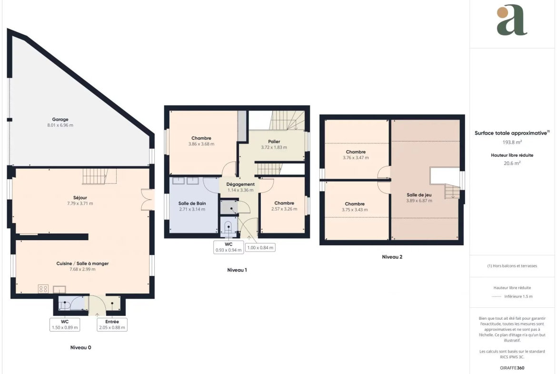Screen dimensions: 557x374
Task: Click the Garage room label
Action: pos(60,120)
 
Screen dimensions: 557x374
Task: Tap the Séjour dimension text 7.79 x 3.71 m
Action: pos(80,203)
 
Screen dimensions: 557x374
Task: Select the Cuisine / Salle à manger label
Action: pos(82,263)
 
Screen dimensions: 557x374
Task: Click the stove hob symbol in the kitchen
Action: pos(43,289)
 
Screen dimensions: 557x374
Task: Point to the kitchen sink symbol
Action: pos(60,289)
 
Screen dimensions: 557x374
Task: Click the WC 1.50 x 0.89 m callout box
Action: pos(65,324)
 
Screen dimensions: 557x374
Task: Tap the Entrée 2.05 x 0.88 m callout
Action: pos(112,324)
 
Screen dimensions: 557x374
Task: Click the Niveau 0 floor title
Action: pos(80,347)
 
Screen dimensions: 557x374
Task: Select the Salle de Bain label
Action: pos(192,203)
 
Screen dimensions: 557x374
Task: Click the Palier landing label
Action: pos(274,142)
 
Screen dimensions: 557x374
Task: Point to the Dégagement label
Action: pos(240,184)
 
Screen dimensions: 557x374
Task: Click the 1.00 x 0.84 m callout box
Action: pos(260,247)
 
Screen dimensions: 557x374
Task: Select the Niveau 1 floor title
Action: pos(237,270)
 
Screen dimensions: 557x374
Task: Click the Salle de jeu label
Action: pos(419,195)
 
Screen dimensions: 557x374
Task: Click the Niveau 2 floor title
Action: pos(392,257)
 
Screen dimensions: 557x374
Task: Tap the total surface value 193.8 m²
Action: pos(512,142)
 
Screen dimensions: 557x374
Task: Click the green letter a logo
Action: pos(512,20)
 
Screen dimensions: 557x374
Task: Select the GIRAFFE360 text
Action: pos(512,368)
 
